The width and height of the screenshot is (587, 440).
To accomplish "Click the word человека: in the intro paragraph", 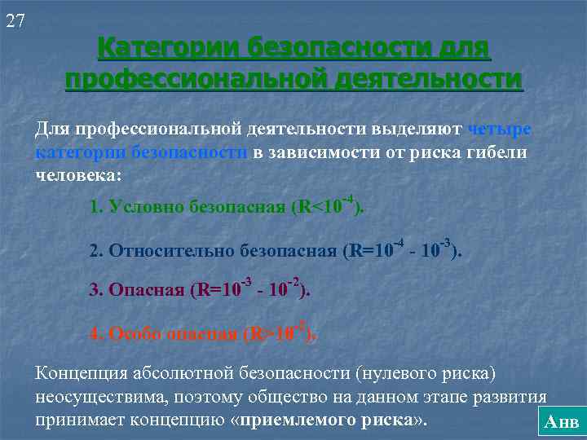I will (77, 174).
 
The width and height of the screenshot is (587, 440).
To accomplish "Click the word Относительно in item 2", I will (166, 250).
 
